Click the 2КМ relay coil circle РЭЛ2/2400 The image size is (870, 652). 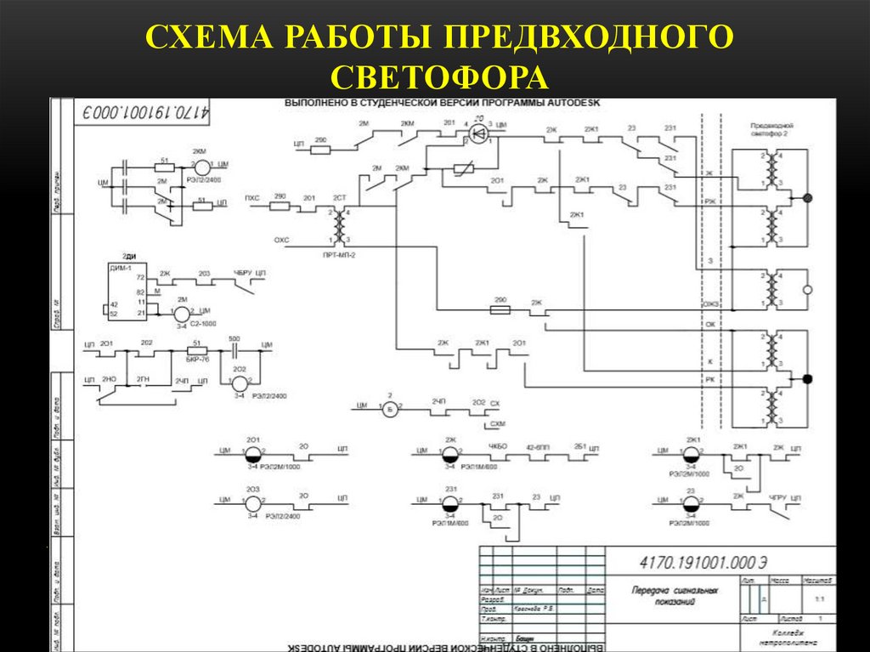pyautogui.click(x=201, y=166)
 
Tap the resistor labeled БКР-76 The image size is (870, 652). pyautogui.click(x=197, y=349)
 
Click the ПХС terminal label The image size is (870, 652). pyautogui.click(x=252, y=198)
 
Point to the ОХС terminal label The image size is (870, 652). pyautogui.click(x=281, y=241)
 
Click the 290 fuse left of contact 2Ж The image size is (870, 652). pyautogui.click(x=500, y=311)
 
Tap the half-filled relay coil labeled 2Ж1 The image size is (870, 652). pyautogui.click(x=692, y=453)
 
